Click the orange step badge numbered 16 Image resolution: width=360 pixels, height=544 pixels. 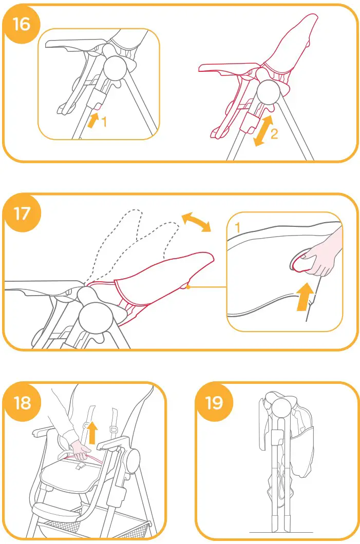point(22,24)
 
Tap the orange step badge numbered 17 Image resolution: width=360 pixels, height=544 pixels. point(22,213)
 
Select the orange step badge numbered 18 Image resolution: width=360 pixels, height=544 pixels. point(22,403)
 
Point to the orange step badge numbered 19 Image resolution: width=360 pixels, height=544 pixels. point(214,403)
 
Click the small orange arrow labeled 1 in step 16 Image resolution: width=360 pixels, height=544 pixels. point(93,121)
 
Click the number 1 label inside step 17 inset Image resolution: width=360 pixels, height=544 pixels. point(237,226)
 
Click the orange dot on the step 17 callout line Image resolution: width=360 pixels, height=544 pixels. point(188,287)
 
